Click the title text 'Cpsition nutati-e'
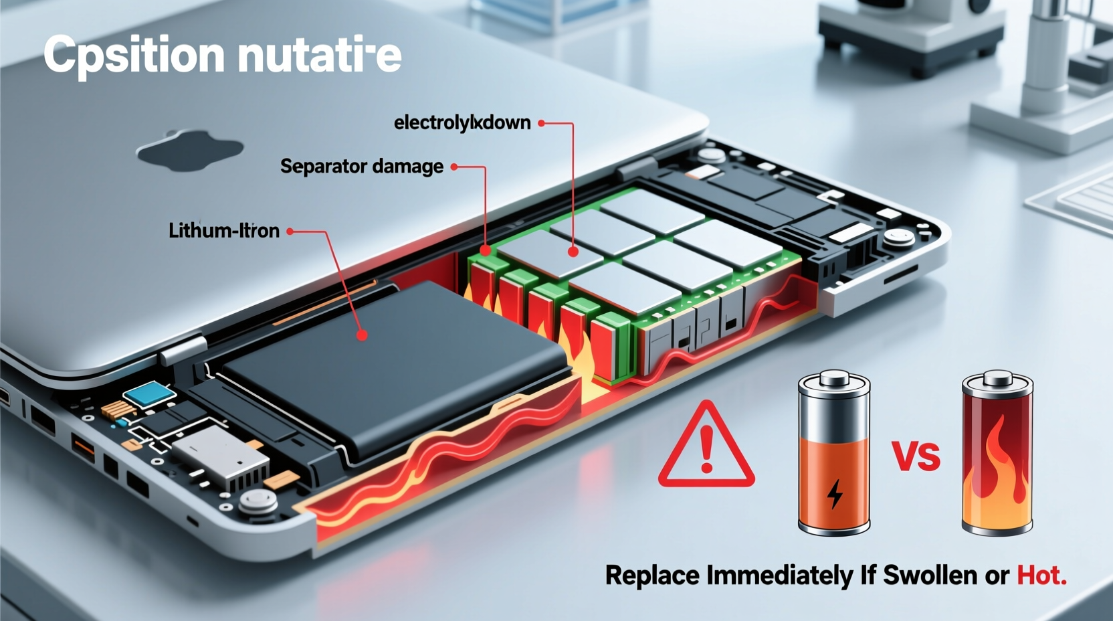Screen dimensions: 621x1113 click(x=222, y=55)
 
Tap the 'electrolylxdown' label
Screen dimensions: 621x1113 click(x=462, y=123)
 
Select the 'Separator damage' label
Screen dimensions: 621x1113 click(x=361, y=167)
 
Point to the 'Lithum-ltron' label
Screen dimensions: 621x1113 click(x=223, y=231)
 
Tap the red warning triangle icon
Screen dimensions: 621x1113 click(x=706, y=447)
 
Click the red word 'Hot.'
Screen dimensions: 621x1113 click(x=1041, y=575)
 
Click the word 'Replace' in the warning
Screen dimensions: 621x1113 click(x=653, y=575)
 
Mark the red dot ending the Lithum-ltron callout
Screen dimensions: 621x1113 click(x=362, y=335)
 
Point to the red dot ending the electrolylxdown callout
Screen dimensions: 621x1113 click(x=573, y=252)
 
